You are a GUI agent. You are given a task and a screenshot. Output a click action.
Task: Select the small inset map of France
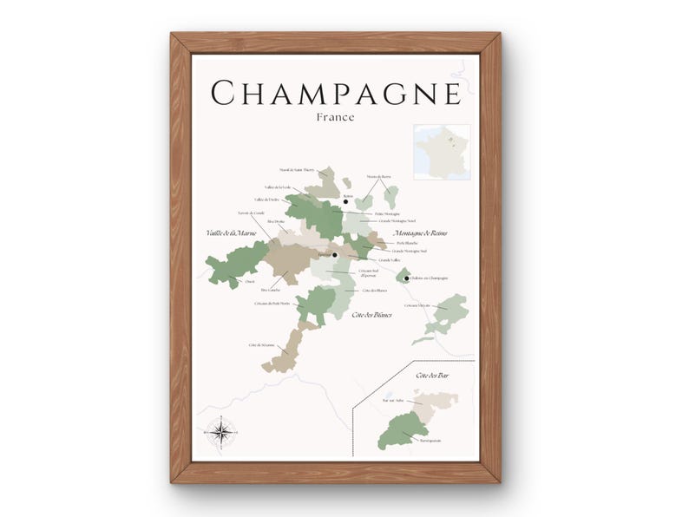(x=442, y=152)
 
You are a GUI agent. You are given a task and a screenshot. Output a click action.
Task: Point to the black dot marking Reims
(x=345, y=202)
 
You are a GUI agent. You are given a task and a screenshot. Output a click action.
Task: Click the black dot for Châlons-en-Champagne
(x=405, y=278)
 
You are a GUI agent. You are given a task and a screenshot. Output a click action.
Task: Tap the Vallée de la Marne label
(x=232, y=233)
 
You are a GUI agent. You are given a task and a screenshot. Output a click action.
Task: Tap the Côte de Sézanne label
(x=261, y=345)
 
